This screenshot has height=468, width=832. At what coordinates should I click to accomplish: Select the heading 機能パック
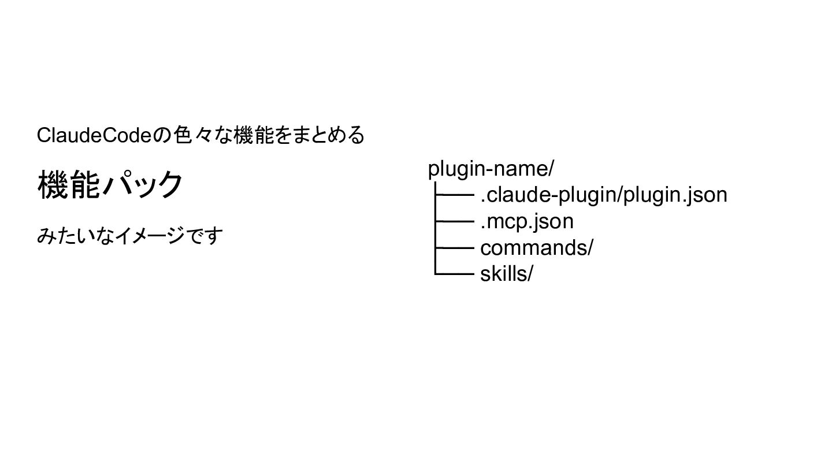click(x=110, y=185)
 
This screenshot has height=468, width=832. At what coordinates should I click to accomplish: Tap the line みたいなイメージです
click(x=129, y=236)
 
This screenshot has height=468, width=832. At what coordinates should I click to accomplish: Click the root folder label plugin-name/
click(x=491, y=169)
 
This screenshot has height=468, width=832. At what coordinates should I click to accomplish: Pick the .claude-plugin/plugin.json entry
click(x=603, y=195)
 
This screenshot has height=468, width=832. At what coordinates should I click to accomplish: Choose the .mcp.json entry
click(x=526, y=221)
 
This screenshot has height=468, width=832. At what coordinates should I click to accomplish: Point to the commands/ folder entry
click(x=536, y=248)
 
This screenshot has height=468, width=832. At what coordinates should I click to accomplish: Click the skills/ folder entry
click(x=506, y=274)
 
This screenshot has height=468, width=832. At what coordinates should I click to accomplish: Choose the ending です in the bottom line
click(x=204, y=236)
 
